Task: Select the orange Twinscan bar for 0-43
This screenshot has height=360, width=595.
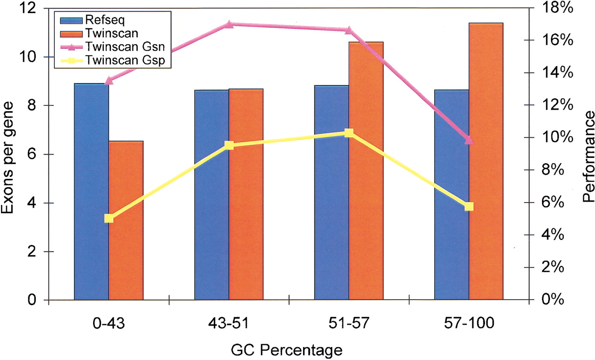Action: pyautogui.click(x=126, y=220)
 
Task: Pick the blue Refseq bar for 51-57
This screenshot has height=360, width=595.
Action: pyautogui.click(x=331, y=192)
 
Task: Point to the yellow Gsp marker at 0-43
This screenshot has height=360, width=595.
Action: pyautogui.click(x=109, y=218)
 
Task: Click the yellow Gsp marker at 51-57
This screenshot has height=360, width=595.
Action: pyautogui.click(x=349, y=133)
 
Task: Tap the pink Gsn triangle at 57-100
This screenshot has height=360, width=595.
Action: pyautogui.click(x=469, y=140)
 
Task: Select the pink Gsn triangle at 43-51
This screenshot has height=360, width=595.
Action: pyautogui.click(x=229, y=24)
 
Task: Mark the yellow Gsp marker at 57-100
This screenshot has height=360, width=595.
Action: pyautogui.click(x=469, y=207)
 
